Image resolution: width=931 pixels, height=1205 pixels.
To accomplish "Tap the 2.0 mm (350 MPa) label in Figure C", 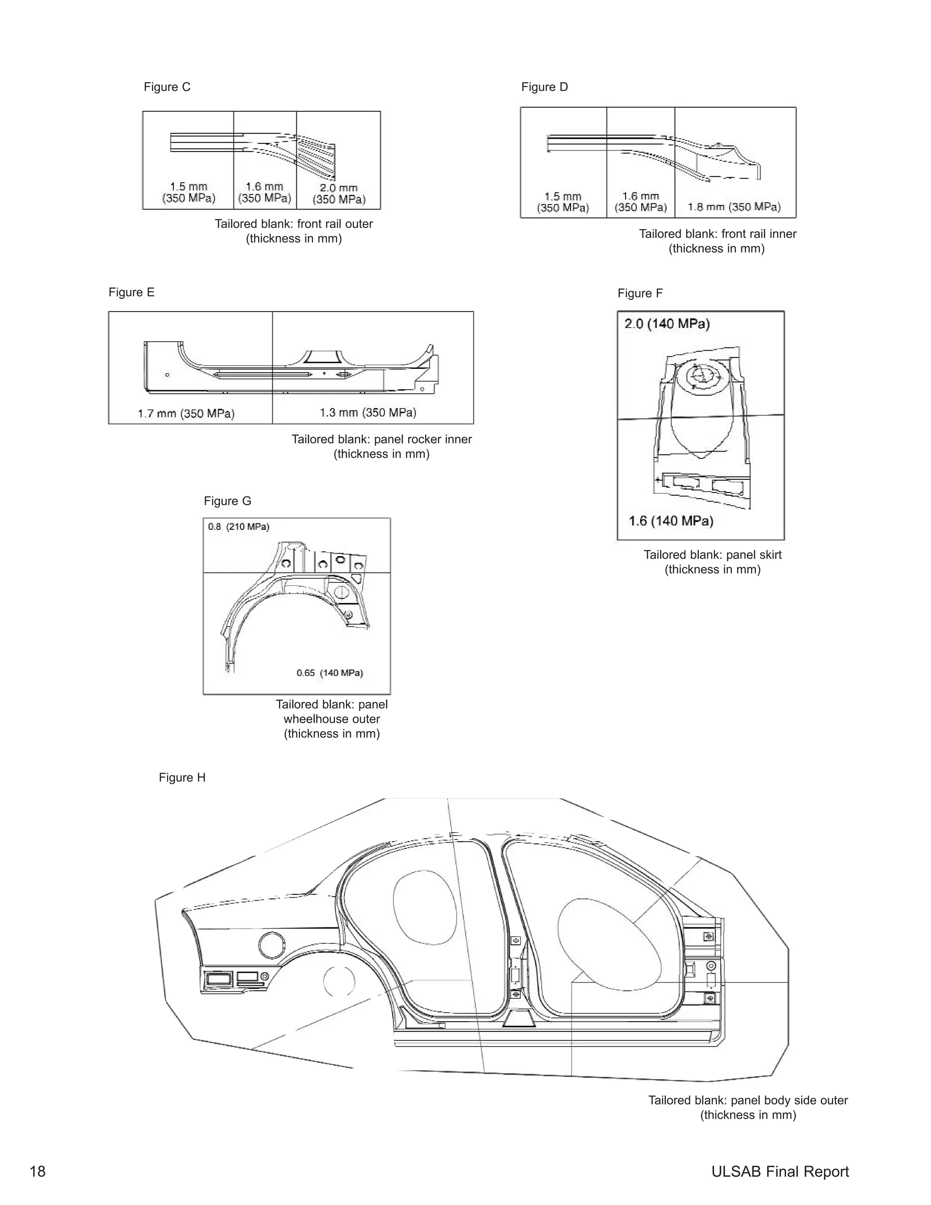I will (339, 194).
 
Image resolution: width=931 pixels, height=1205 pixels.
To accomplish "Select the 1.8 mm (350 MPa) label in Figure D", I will (734, 207).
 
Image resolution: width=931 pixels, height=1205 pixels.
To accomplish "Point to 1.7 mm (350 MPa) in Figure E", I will (186, 413).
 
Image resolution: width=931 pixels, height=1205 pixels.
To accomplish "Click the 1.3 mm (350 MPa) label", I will (368, 412).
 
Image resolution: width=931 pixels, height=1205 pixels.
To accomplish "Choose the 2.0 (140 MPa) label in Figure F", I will (666, 324).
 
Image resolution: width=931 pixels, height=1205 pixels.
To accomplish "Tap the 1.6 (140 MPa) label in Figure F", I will (671, 521).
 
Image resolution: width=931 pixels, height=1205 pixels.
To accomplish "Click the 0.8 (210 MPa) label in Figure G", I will (238, 527).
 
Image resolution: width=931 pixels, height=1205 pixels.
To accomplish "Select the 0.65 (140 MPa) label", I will (329, 673).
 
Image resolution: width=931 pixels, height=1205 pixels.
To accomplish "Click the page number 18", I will (38, 1171).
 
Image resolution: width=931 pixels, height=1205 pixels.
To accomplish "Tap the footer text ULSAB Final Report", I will (779, 1171).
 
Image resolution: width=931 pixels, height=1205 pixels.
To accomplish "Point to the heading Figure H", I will (182, 778).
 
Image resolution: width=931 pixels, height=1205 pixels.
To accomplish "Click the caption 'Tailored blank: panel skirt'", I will (712, 555).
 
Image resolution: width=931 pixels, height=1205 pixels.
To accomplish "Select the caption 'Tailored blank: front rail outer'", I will (293, 224).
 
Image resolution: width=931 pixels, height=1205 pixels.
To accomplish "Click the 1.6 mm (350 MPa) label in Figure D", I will (641, 202).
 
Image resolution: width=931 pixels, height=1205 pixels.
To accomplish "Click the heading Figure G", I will (227, 501).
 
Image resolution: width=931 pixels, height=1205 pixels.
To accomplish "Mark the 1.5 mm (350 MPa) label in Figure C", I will (189, 192).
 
